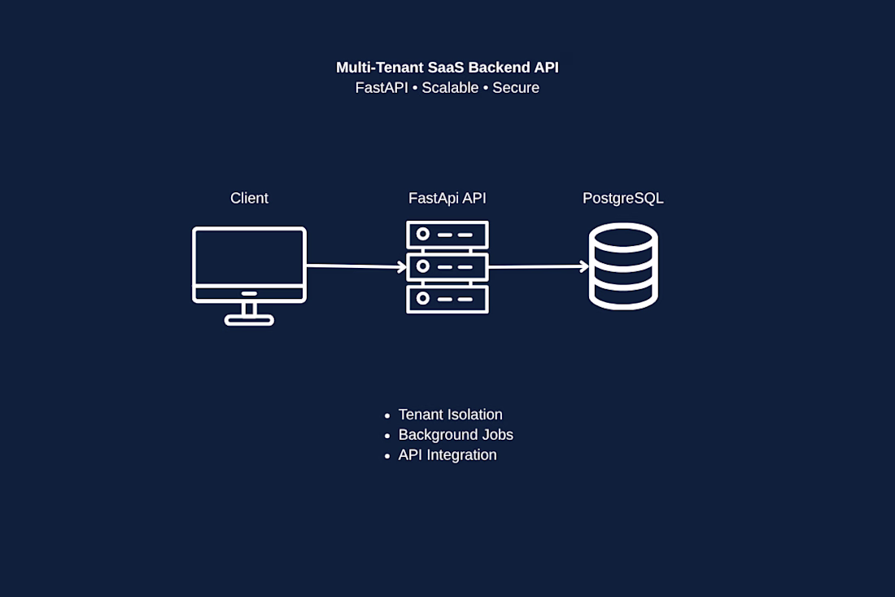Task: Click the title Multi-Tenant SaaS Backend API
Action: click(447, 68)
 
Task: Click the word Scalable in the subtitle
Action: click(450, 88)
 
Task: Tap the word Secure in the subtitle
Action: click(515, 88)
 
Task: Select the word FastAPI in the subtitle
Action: click(382, 88)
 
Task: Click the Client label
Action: click(249, 198)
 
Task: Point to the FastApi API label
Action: click(447, 198)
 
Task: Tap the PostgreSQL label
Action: click(622, 198)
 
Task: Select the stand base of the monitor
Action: click(249, 321)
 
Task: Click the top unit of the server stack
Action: click(447, 235)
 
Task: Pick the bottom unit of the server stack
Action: click(447, 299)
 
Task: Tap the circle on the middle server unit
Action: click(423, 266)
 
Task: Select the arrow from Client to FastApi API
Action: click(356, 266)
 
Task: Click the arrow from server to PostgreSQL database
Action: click(539, 267)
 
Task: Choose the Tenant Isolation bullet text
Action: click(451, 415)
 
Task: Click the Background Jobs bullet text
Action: click(456, 435)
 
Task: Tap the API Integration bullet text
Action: click(447, 455)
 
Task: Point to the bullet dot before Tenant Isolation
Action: click(387, 416)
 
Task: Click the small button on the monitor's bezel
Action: click(249, 294)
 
